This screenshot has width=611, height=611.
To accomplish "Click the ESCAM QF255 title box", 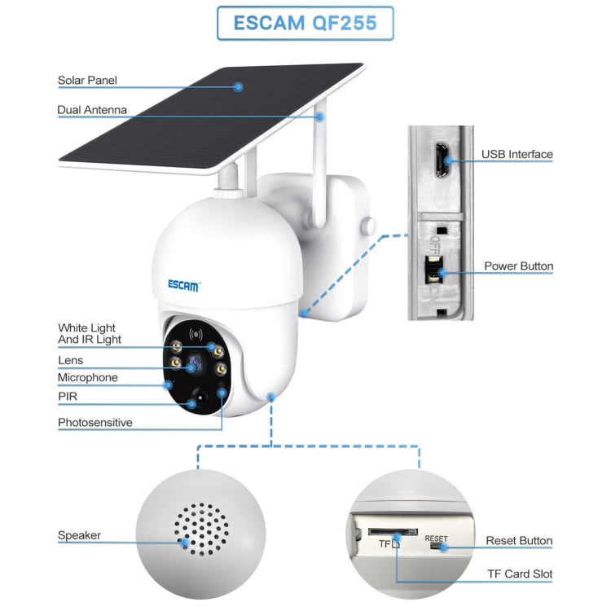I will click(305, 23).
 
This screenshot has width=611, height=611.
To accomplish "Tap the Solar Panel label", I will click(87, 81).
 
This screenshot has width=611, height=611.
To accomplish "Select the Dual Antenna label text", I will click(92, 110).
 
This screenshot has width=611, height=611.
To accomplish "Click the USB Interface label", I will click(516, 154).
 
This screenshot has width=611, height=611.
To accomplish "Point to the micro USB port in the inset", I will click(439, 160).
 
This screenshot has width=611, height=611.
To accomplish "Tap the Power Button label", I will click(518, 266).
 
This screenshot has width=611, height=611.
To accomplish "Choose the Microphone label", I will click(87, 377).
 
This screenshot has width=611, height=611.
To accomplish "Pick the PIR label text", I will click(68, 397).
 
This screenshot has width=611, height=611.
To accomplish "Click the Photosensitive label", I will click(95, 423).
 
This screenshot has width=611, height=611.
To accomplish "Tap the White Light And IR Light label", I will click(90, 333).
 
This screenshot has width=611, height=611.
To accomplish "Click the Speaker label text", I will click(79, 535).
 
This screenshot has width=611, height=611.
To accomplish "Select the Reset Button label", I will click(519, 540).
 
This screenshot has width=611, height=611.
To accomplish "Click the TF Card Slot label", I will click(519, 574).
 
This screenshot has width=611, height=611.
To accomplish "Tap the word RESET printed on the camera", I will click(436, 538).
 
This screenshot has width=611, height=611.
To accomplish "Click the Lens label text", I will click(70, 360).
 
